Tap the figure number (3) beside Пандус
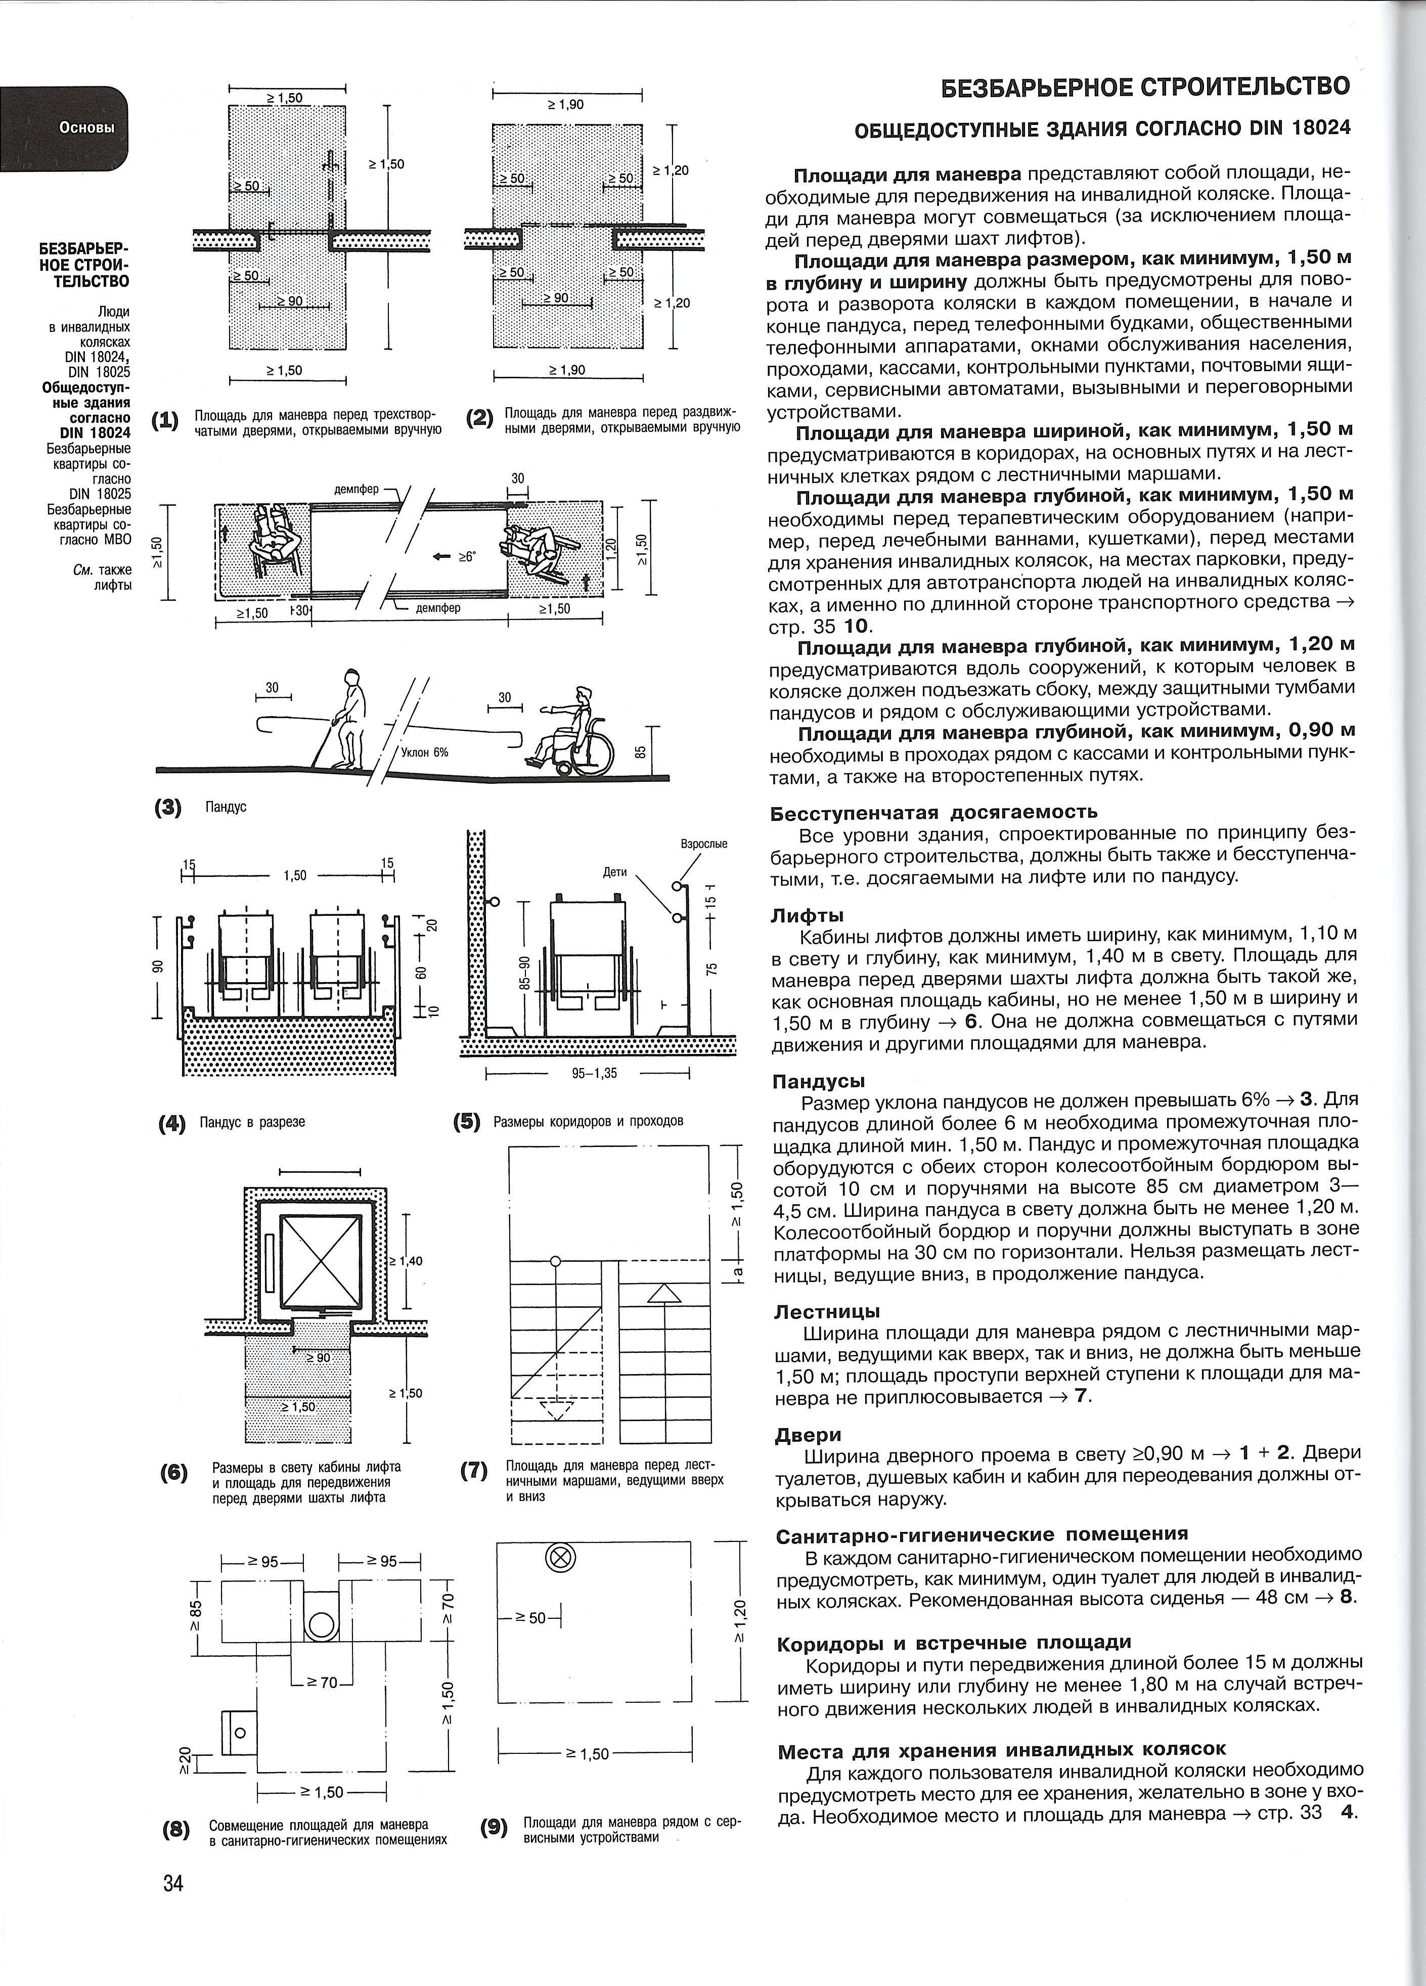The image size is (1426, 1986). [x=168, y=807]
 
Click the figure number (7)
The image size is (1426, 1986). [x=474, y=1471]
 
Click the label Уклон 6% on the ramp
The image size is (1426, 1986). [x=425, y=752]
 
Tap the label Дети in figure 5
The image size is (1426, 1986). [x=615, y=872]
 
